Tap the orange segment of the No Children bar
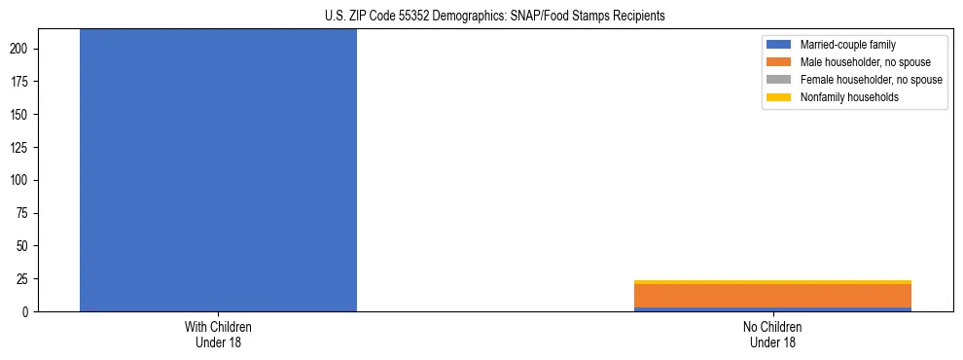click(772, 295)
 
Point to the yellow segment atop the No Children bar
click(772, 282)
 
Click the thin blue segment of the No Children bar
click(772, 309)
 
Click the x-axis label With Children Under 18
click(218, 335)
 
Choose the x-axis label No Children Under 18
click(772, 335)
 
